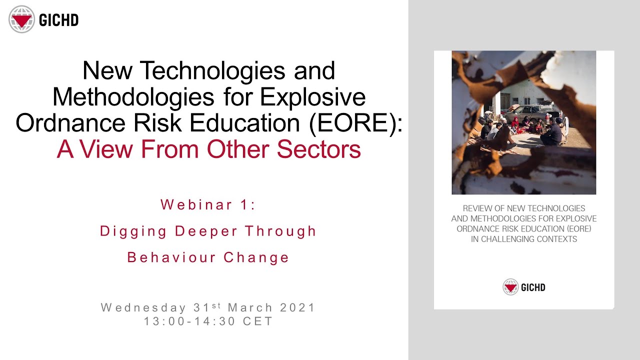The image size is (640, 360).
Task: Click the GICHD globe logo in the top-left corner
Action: (x=21, y=19)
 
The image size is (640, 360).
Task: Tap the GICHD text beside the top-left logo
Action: (x=58, y=20)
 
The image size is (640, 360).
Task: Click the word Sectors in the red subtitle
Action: (x=319, y=149)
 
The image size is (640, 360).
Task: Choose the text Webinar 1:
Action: (x=208, y=204)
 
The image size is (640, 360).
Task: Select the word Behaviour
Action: (x=171, y=257)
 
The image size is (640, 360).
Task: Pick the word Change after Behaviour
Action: (x=256, y=257)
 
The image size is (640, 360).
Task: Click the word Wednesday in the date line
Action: (x=143, y=307)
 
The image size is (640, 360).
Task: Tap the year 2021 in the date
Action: (x=297, y=307)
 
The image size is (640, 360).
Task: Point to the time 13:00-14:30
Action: (x=189, y=321)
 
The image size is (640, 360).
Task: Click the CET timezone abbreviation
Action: (x=258, y=321)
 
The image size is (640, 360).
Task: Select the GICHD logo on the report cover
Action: (x=524, y=287)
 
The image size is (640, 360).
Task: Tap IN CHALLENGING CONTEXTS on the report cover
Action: (x=524, y=239)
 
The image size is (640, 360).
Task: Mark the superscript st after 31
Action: (x=218, y=305)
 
